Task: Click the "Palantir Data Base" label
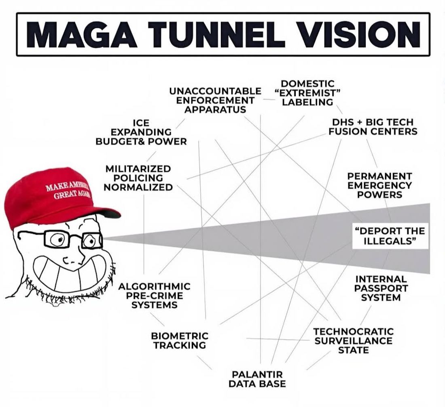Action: (x=257, y=379)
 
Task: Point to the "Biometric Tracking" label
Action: (x=180, y=340)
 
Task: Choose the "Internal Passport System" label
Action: (x=381, y=288)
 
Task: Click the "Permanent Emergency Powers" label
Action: (x=379, y=185)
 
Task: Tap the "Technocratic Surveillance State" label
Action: (x=353, y=340)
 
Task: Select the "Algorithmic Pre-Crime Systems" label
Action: (x=154, y=296)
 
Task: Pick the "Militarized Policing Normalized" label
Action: (x=138, y=178)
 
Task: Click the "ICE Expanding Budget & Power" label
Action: (x=141, y=132)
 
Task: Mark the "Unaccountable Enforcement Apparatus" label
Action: (x=215, y=100)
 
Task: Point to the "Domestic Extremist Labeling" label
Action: (x=307, y=93)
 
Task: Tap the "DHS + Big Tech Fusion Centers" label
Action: (x=373, y=126)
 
